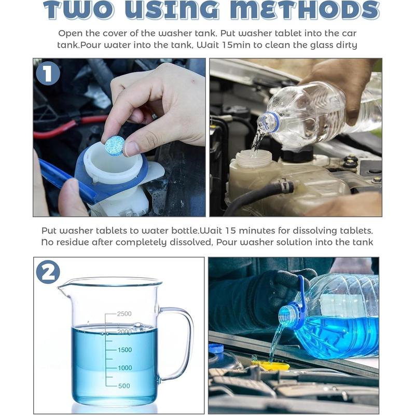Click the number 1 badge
48,74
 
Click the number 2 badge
48,272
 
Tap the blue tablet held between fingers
114,145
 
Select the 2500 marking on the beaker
124,314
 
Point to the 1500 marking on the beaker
124,350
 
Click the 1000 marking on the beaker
124,368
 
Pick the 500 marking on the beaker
124,385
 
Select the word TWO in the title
77,10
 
